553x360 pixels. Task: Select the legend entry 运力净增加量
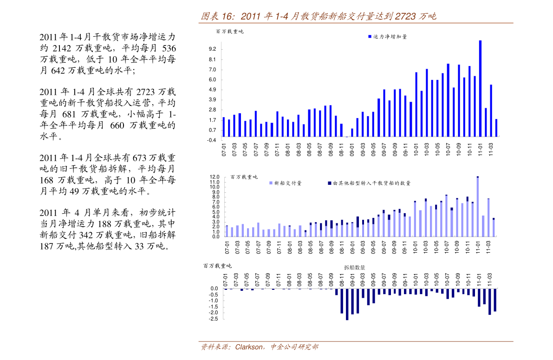pos(390,36)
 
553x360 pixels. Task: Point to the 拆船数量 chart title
pos(354,268)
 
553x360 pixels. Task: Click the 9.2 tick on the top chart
pos(213,49)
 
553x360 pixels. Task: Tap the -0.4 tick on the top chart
pos(212,140)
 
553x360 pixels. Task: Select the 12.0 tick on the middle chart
pos(214,177)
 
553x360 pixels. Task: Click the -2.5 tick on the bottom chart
pos(214,319)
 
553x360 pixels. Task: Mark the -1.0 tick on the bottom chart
pos(214,301)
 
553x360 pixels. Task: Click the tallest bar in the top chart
pos(480,88)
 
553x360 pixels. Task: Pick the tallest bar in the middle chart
pos(477,207)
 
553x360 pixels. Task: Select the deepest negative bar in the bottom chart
pos(347,304)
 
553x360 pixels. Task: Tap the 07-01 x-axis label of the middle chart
pos(228,247)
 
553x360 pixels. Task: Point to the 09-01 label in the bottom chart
pos(352,280)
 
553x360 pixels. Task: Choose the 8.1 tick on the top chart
pos(213,59)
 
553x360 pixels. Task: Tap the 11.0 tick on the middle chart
pos(214,182)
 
